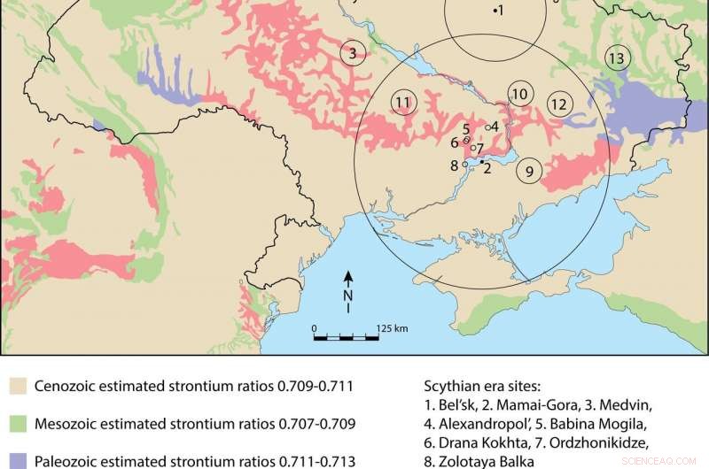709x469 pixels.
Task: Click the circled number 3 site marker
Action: coord(353,54)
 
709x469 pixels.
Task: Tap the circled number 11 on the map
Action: coord(403,103)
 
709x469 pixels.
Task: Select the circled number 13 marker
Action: coord(617,58)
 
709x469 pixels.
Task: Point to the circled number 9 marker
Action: coord(529,172)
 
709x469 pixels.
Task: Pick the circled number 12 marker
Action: coord(559,104)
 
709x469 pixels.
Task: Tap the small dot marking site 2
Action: coord(481,162)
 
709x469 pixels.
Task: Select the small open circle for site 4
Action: coord(487,127)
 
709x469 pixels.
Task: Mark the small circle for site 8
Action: coord(464,165)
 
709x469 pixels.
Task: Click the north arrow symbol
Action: coord(348,291)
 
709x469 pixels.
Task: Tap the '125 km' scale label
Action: coord(392,328)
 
